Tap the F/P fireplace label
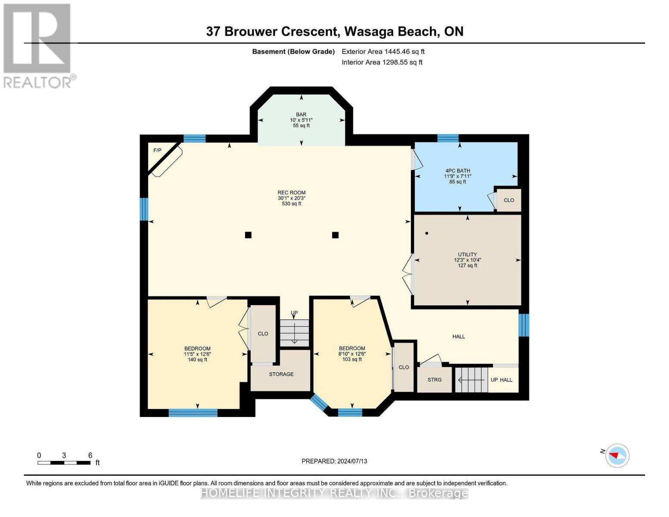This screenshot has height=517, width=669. (x=157, y=150)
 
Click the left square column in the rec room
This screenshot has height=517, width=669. (x=248, y=235)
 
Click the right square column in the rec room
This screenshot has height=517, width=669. (x=335, y=235)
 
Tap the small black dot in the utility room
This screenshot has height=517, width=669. (x=426, y=233)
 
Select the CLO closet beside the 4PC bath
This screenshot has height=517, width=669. (x=509, y=200)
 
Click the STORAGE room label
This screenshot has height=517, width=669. (x=281, y=374)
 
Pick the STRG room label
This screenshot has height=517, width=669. (x=434, y=380)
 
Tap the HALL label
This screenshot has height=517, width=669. (x=459, y=336)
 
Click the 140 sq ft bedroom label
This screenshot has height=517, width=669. (x=197, y=354)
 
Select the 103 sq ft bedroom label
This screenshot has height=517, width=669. (x=352, y=353)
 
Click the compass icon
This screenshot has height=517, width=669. (x=617, y=455)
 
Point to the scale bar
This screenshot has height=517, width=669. (x=64, y=463)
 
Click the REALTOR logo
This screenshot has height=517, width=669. (x=38, y=45)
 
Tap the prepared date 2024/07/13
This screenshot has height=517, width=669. (x=334, y=461)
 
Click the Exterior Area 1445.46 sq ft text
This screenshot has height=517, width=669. (x=383, y=51)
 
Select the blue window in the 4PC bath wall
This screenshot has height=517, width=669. (x=448, y=138)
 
